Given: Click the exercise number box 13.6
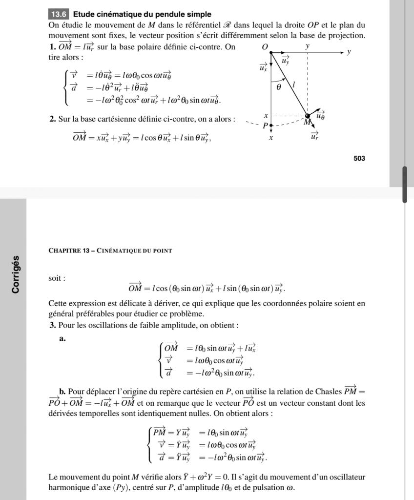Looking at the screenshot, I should coord(59,14).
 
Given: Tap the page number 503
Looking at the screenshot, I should coord(359,158).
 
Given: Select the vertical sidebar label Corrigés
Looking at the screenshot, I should coord(16,274).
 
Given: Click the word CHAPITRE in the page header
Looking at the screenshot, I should coord(65,250).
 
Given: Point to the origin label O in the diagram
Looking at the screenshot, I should coord(265,47).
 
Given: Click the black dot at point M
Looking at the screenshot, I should coord(308,116).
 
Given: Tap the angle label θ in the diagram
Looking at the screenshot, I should coord(279,87).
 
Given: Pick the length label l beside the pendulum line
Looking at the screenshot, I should coord(293,85).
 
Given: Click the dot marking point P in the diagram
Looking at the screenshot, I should coord(271,125).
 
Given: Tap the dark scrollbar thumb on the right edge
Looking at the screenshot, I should coord(404,185).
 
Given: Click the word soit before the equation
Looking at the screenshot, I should coord(56,278).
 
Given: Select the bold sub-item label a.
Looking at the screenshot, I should coord(62,339).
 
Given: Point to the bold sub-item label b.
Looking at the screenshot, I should coord(62,391).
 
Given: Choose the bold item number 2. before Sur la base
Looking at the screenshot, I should coord(52,119).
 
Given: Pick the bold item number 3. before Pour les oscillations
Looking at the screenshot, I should coord(52,325).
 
